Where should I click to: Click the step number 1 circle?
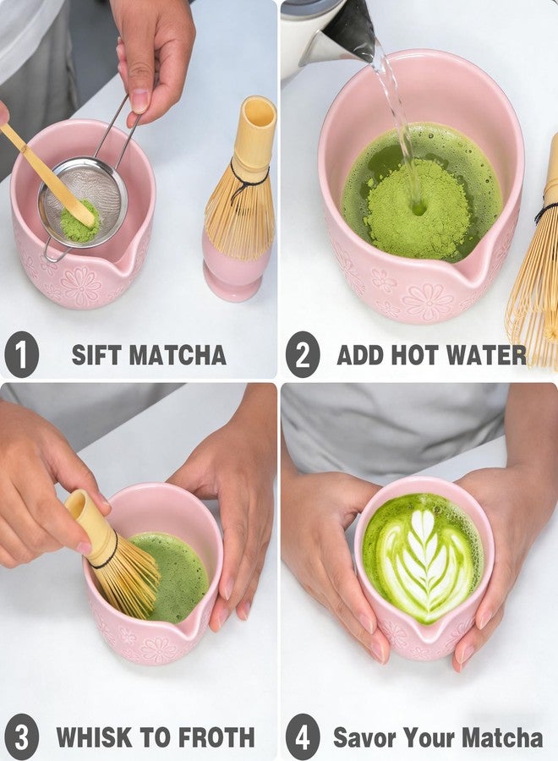pos(21,354)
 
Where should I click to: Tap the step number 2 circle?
pos(302,354)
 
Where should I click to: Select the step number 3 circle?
pos(21,736)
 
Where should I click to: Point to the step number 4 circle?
pos(302,736)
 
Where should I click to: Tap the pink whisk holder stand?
pos(236,271)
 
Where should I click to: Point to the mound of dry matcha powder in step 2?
pos(416,210)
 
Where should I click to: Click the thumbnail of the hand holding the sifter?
pos(139,101)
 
